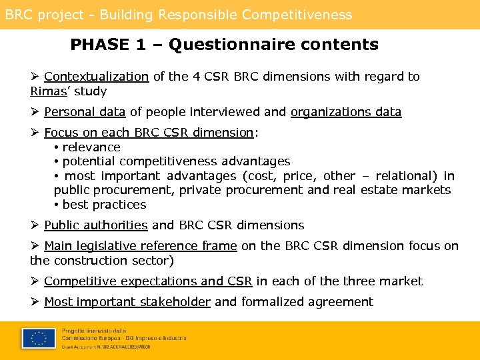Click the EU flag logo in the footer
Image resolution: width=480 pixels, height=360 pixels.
pos(39,339)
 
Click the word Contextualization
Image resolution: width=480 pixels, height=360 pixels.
pos(96,77)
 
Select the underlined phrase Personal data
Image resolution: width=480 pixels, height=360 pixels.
pos(85,112)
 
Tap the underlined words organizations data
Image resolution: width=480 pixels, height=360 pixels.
pos(346,112)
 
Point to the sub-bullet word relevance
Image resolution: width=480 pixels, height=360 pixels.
pos(91,147)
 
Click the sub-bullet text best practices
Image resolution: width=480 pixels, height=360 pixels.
pos(104,205)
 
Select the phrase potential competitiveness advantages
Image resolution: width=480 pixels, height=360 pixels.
pos(176,161)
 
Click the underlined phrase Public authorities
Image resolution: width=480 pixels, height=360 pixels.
pos(95,225)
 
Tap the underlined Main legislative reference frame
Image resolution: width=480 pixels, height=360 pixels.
pos(140,246)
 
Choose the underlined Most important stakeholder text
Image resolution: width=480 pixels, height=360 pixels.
pos(127,302)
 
